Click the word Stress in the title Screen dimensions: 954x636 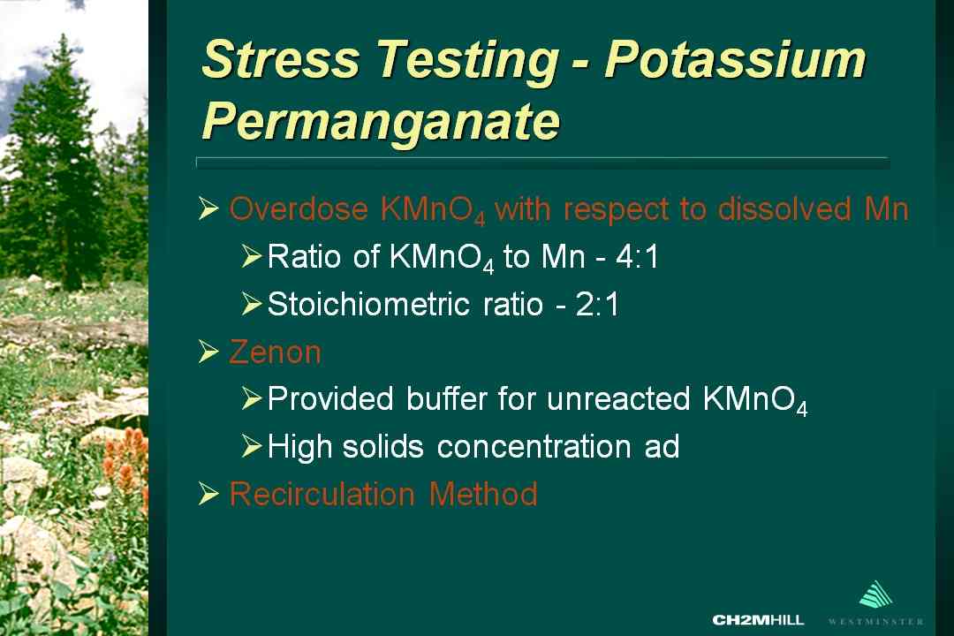click(x=281, y=59)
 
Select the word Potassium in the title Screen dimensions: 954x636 click(x=735, y=59)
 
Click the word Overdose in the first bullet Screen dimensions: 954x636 click(x=299, y=209)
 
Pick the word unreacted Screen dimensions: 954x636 click(x=618, y=399)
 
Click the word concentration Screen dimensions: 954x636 click(x=534, y=447)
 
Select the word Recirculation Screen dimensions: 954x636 click(x=322, y=494)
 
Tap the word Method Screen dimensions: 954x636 click(x=484, y=494)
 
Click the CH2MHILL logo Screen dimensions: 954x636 click(x=758, y=620)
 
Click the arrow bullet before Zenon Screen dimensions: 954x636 click(x=208, y=352)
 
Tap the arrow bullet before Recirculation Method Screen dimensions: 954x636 click(x=208, y=494)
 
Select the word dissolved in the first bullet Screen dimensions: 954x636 click(x=784, y=209)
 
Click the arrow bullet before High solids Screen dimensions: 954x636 click(x=251, y=447)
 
